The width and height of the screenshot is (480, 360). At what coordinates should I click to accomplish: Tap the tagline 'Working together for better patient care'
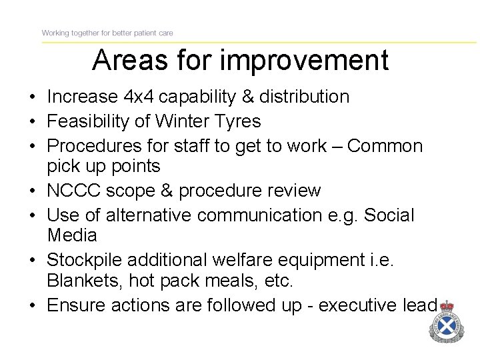coord(107,33)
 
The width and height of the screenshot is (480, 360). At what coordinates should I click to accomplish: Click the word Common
coord(385,146)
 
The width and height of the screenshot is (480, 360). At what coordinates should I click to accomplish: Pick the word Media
coord(72,235)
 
